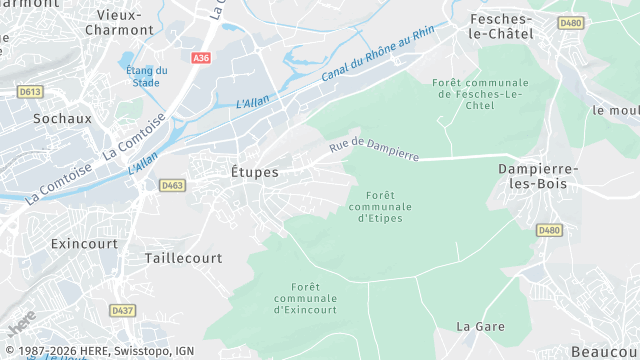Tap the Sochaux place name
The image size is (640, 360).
(62, 118)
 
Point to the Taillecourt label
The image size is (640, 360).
(183, 257)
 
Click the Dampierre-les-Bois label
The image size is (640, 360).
(538, 176)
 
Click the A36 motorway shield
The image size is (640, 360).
(202, 59)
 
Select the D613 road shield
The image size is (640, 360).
(31, 92)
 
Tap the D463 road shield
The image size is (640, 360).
(173, 185)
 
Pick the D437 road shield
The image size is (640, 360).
(122, 311)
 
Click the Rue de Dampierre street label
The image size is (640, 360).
(374, 149)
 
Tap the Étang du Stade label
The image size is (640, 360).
(146, 77)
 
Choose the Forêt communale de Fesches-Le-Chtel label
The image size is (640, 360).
(481, 95)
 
